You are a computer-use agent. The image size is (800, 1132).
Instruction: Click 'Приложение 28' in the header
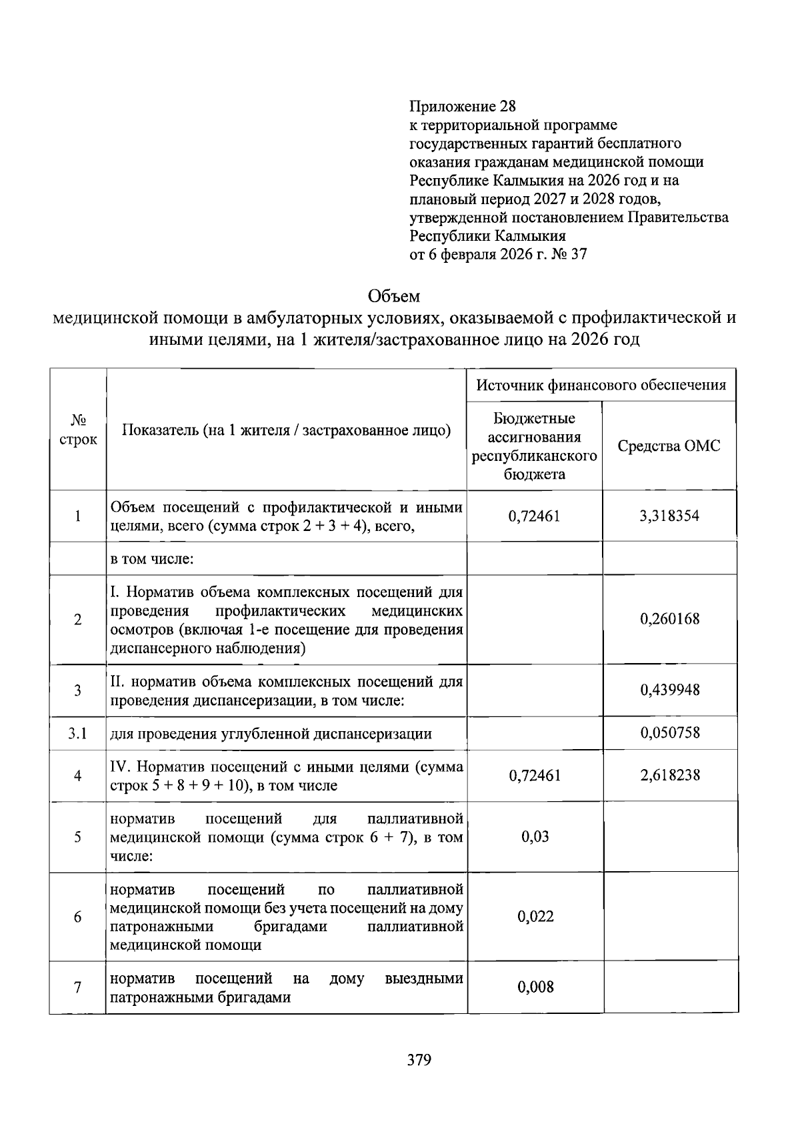(463, 107)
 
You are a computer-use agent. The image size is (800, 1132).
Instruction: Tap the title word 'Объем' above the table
(394, 296)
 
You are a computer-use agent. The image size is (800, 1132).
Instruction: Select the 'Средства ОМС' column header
(669, 446)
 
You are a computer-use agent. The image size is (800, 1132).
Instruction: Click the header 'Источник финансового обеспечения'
(601, 385)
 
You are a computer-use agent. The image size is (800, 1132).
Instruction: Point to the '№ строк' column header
(78, 430)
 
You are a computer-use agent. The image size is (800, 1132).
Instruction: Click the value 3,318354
(669, 516)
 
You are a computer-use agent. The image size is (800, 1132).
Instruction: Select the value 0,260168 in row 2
(669, 619)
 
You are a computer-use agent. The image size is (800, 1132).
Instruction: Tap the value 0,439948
(669, 690)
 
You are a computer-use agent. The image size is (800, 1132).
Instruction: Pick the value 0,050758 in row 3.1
(669, 733)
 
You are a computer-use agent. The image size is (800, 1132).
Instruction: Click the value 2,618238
(669, 775)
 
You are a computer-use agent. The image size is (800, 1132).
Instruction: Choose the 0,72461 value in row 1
(534, 516)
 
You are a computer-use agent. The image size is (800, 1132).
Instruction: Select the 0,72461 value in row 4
(534, 775)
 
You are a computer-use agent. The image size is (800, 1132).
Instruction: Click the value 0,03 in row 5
(535, 836)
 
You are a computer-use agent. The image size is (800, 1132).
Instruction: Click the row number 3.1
(78, 734)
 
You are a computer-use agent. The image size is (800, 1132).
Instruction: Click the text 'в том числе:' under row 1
(151, 558)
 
